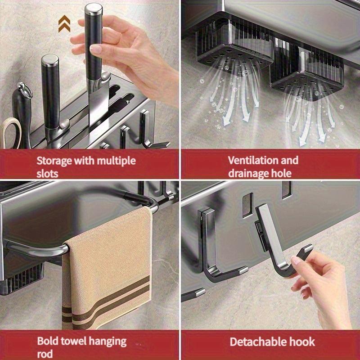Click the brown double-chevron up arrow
point(64,24)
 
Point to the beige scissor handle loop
point(10,132)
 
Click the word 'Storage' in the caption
point(54,161)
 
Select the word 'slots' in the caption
point(47,174)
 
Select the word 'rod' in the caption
point(45,354)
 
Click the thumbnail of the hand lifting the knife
point(96,49)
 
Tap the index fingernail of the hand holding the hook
point(296,260)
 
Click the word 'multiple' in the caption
point(116,161)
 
